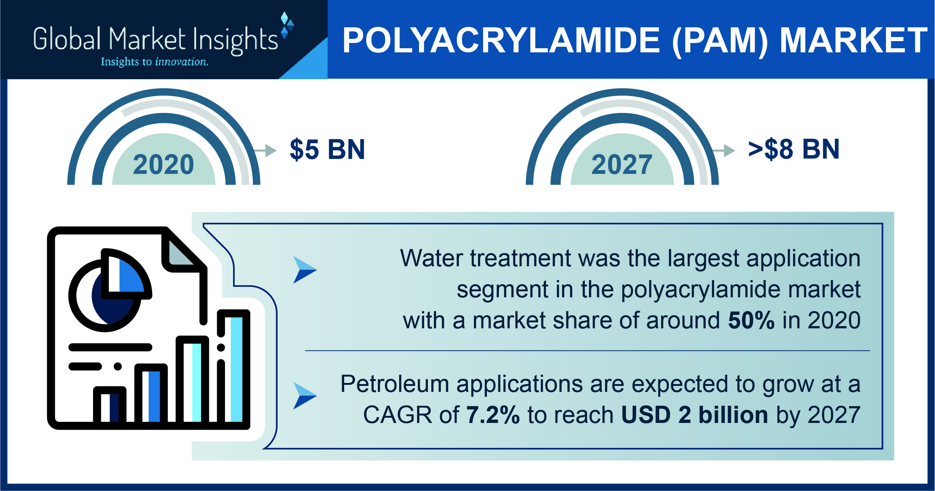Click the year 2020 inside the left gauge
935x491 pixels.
coord(164,165)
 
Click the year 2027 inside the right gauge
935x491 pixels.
coord(622,165)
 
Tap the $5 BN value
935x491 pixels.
coord(327,150)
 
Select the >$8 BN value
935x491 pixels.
coord(794,150)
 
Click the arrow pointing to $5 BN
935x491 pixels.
coord(265,151)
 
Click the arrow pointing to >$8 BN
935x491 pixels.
coord(724,151)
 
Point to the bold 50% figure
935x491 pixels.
coord(751,320)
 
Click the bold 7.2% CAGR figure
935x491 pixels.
coord(493,415)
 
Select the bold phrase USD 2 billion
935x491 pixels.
coord(694,415)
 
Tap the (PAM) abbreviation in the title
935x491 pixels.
coord(720,41)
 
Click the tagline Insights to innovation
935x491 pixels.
coord(155,62)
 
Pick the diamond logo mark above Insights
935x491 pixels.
coord(287,25)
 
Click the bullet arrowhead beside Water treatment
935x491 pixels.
coord(305,270)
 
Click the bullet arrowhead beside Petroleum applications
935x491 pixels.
coord(305,396)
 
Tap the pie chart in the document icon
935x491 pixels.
coord(110,290)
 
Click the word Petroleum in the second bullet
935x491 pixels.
coord(395,384)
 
